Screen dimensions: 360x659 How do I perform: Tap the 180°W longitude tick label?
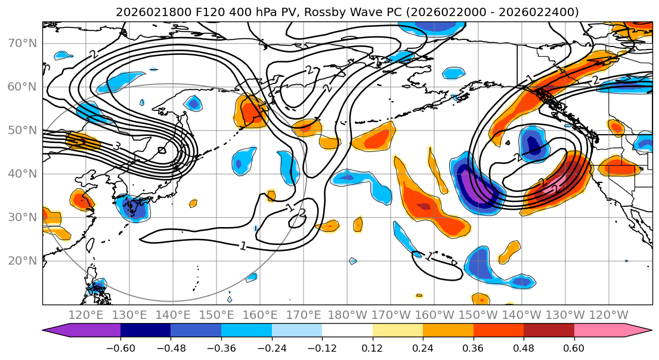[346, 315]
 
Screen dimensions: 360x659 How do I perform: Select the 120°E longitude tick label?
[86, 315]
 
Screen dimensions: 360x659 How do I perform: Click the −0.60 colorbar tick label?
[120, 347]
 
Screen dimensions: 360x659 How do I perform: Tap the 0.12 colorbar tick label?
[373, 347]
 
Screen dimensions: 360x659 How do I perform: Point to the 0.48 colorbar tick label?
[524, 347]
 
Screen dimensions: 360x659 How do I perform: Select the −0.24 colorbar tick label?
[271, 347]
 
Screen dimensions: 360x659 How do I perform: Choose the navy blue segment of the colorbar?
[146, 331]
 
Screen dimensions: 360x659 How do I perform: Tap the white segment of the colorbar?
[347, 331]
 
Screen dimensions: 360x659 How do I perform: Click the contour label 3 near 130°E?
[117, 146]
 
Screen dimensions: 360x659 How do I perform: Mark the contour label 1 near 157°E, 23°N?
[243, 246]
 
